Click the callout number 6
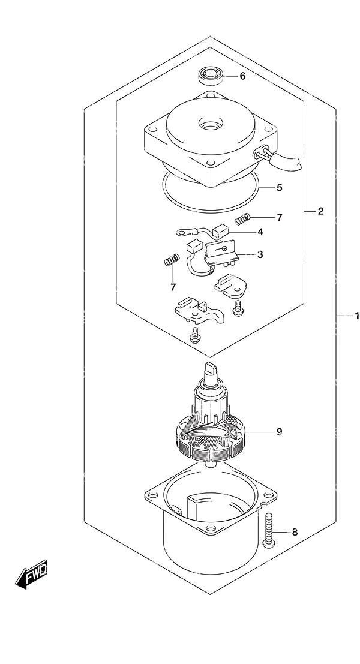pyautogui.click(x=242, y=77)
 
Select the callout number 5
pyautogui.click(x=280, y=187)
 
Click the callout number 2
pyautogui.click(x=320, y=211)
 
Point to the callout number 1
pyautogui.click(x=356, y=316)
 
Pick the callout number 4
pyautogui.click(x=260, y=232)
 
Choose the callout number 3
pyautogui.click(x=260, y=254)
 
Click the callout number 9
pyautogui.click(x=279, y=431)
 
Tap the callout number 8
pyautogui.click(x=295, y=532)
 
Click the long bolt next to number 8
pyautogui.click(x=269, y=530)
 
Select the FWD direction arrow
pyautogui.click(x=32, y=574)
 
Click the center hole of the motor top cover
pyautogui.click(x=209, y=125)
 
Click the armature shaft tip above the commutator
pyautogui.click(x=211, y=369)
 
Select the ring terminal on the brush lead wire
pyautogui.click(x=184, y=232)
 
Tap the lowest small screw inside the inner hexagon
pyautogui.click(x=195, y=335)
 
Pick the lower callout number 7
pyautogui.click(x=173, y=287)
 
